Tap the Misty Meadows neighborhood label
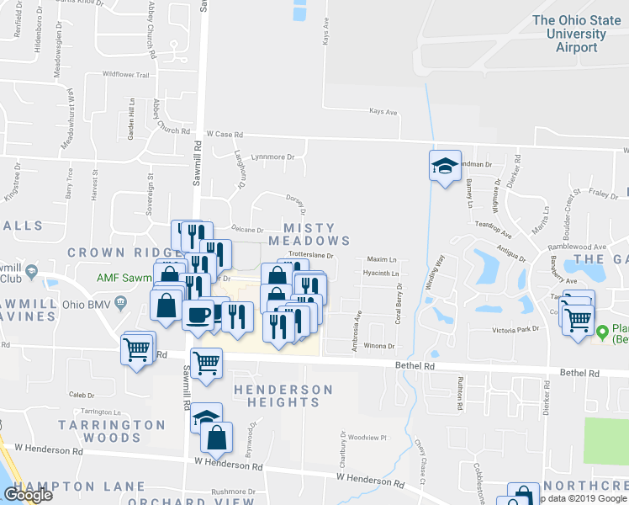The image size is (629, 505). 309,234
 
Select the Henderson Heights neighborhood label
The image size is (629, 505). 283,396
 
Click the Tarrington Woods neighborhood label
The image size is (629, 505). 113,431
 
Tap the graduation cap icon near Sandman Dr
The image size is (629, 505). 444,165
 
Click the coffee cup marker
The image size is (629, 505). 198,316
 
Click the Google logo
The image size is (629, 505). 28,496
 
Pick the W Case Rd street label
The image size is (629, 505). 224,134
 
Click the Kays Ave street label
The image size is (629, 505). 383,111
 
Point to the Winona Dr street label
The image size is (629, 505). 379,346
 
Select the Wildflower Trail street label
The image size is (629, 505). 125,75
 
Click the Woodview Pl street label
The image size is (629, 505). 367,438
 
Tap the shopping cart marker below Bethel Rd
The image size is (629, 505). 206,363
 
